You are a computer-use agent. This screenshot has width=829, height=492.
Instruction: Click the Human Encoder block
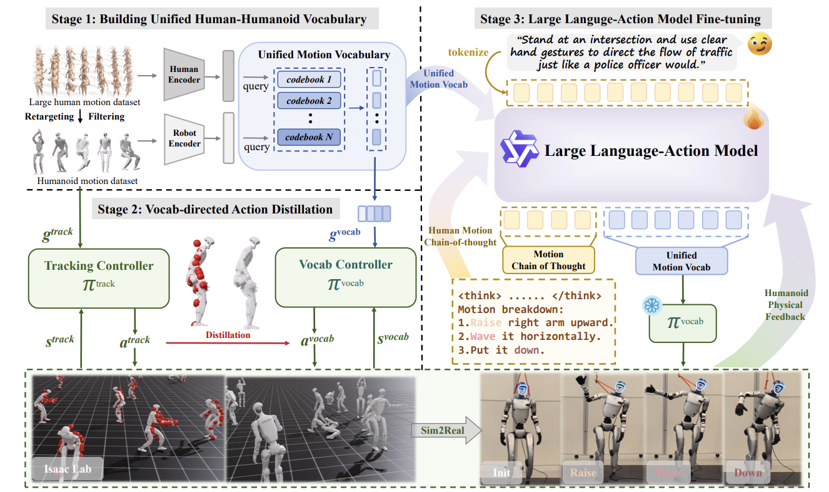[184, 74]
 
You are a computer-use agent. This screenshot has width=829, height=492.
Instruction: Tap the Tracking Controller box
[99, 277]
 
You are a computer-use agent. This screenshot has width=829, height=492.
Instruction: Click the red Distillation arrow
[228, 343]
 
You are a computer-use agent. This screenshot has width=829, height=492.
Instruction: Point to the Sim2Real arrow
[445, 431]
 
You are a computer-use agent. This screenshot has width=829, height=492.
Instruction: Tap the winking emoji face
[760, 44]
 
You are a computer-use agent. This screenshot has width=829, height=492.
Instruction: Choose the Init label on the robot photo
[501, 473]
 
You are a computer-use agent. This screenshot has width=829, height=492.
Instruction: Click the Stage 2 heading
[214, 208]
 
